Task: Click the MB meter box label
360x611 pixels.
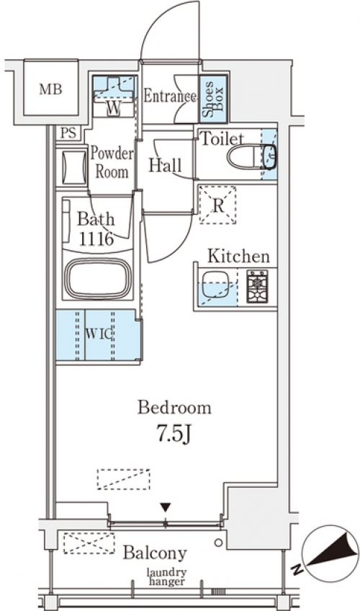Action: (x=50, y=89)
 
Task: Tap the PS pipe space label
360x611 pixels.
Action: (x=69, y=134)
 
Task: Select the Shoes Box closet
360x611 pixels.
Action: (x=213, y=99)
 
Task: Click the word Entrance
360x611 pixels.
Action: (x=170, y=97)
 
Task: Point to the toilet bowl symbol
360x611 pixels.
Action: (x=251, y=157)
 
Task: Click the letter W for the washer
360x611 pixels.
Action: (x=114, y=109)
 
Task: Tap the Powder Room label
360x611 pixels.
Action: (x=112, y=162)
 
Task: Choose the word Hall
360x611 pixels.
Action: (x=165, y=166)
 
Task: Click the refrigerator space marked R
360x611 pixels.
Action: (x=218, y=205)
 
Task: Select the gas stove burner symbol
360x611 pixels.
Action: (x=257, y=286)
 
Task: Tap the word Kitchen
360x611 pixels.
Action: (x=238, y=256)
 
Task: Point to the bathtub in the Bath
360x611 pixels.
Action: (x=98, y=278)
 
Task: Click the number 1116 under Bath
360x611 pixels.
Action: (x=96, y=238)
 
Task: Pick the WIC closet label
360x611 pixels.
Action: (x=99, y=334)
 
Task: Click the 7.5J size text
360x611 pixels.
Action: (x=174, y=433)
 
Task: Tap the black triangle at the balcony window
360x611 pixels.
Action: (x=166, y=507)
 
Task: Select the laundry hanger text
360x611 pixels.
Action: (x=166, y=577)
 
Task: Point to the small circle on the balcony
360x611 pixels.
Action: (x=219, y=543)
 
